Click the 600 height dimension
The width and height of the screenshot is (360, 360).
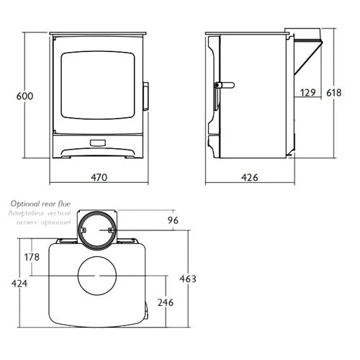tap(26, 95)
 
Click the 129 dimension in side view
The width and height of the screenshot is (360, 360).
tap(308, 92)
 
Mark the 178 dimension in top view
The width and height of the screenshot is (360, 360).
tap(31, 257)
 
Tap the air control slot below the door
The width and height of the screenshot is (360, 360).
tap(99, 142)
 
